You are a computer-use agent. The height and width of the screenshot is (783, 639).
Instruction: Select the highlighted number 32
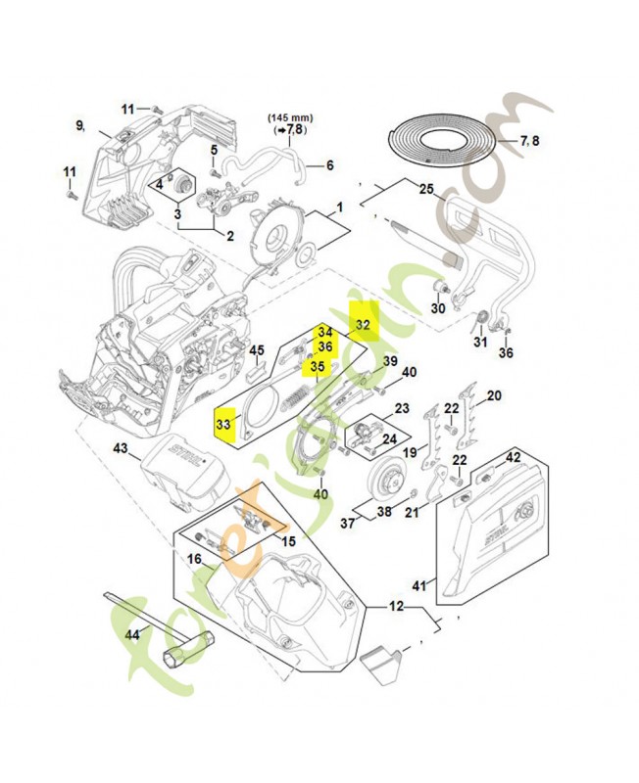363,324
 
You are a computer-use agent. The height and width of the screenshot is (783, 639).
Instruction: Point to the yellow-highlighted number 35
318,367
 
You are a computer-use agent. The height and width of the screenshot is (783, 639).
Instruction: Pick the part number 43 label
121,448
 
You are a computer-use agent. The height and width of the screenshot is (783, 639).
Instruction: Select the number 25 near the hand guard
425,188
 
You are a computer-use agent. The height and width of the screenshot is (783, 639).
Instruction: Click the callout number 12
396,607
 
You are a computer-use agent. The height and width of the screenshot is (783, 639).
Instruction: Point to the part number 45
256,349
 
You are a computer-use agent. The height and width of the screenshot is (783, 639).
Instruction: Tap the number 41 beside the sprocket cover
419,585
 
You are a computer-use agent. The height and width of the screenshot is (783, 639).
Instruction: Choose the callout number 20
494,395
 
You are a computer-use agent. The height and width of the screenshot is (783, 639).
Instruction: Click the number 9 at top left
80,124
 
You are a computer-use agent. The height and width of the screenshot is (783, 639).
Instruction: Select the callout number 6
329,164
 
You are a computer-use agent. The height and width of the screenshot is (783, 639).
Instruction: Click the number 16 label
194,558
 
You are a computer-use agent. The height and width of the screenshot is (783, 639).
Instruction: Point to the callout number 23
374,408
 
